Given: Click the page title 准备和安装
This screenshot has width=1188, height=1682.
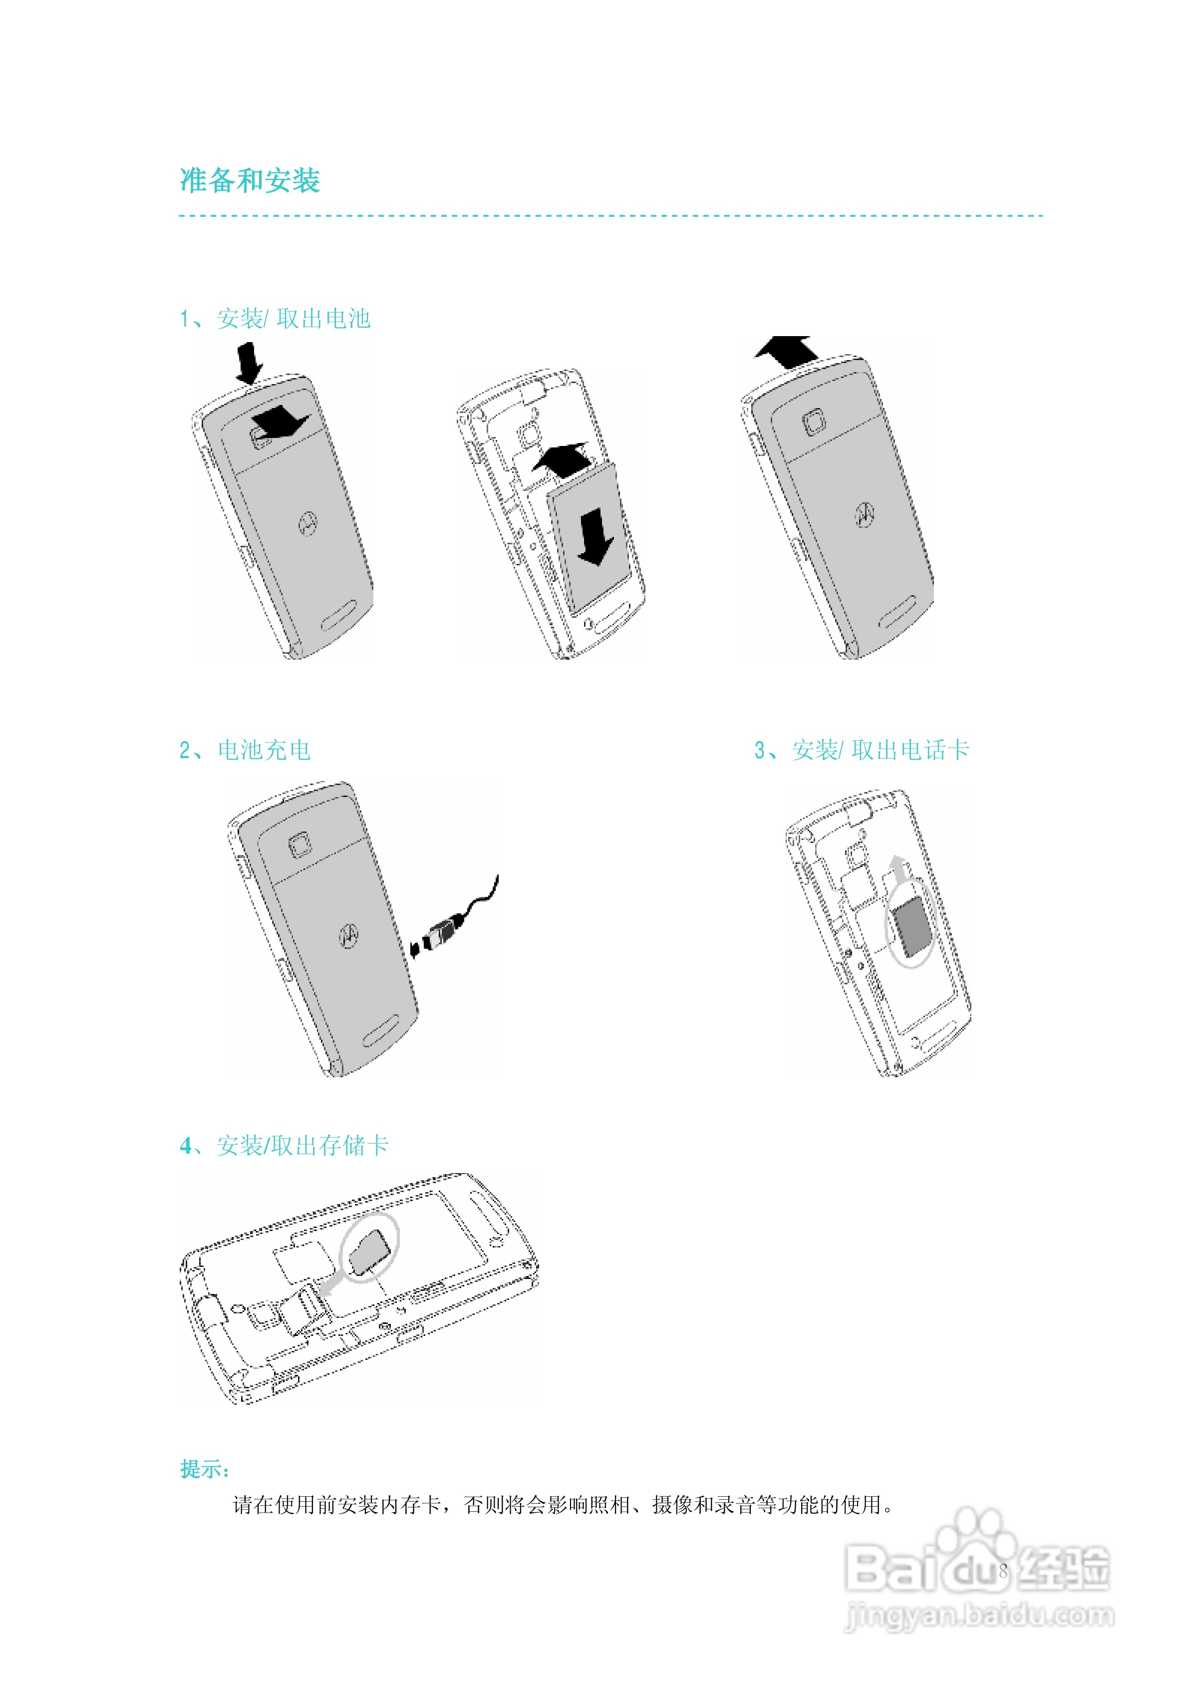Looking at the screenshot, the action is (x=250, y=180).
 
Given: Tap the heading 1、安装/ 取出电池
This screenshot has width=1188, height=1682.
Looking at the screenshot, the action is (x=276, y=319).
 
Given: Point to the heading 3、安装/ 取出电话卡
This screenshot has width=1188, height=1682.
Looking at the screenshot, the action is (x=862, y=750).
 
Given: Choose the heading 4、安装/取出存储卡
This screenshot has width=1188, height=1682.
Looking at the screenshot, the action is (x=284, y=1145).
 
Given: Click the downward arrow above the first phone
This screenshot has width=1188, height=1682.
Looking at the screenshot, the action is (x=249, y=363).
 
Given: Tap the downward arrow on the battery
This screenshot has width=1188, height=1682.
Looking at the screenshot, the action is (x=594, y=537).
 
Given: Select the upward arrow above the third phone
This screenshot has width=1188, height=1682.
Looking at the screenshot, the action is (x=786, y=351).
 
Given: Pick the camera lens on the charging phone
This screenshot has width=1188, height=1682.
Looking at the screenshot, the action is (x=299, y=844).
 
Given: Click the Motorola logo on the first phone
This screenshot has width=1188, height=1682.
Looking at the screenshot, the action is (x=307, y=523).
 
